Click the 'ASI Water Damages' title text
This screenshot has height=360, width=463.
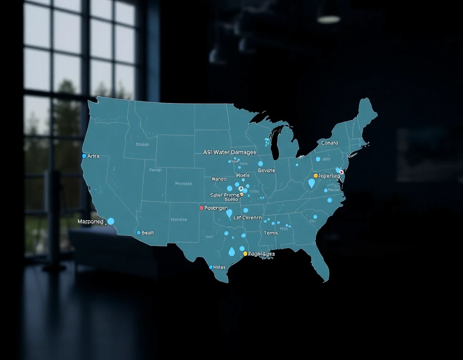(x=229, y=152)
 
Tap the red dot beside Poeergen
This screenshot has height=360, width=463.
(x=201, y=208)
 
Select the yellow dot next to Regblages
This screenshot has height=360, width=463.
(x=245, y=254)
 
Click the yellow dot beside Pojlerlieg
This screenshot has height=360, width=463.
(x=315, y=176)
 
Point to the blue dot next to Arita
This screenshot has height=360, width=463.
(x=84, y=156)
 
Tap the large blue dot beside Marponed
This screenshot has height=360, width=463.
(x=111, y=221)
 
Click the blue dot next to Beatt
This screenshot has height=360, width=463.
(x=139, y=233)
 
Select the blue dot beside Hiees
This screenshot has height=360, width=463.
(x=211, y=267)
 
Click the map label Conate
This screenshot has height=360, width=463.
(x=330, y=143)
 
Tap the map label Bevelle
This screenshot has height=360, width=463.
(x=266, y=170)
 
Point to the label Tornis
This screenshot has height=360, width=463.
(x=271, y=233)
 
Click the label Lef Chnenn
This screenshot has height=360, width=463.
(x=248, y=218)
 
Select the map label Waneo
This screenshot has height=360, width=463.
(x=219, y=179)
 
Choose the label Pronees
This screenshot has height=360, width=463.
(x=183, y=184)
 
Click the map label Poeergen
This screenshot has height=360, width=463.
(x=216, y=208)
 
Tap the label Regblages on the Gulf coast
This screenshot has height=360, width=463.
(x=261, y=254)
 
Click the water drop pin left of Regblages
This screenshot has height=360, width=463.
(x=232, y=252)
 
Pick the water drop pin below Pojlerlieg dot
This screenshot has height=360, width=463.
(x=311, y=183)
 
